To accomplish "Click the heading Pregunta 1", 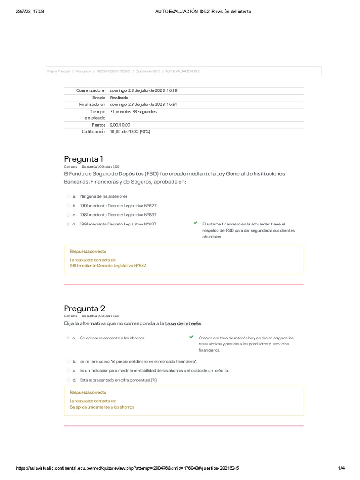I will tap(83, 158).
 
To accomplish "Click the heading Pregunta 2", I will tap(84, 308).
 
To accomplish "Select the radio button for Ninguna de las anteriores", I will tap(68, 196).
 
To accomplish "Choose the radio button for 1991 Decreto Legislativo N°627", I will tap(68, 205).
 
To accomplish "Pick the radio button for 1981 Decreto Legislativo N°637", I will tap(68, 215).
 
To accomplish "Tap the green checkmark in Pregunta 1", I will tap(195, 223).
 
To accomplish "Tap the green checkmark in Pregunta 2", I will tap(191, 337).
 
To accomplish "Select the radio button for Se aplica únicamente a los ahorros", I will tap(68, 337).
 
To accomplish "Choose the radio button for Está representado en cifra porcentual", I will tap(68, 380).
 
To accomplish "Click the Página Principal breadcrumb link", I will tap(59, 71).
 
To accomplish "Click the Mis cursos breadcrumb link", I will tap(83, 71).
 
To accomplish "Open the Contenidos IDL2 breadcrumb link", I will tap(148, 71).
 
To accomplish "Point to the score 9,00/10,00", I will tap(120, 125).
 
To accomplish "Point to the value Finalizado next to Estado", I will tap(119, 97).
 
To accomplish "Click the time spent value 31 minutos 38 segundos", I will tap(133, 112).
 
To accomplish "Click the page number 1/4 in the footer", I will tap(341, 468).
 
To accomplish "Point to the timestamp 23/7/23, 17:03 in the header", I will tap(30, 11).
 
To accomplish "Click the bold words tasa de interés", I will tap(184, 323).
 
